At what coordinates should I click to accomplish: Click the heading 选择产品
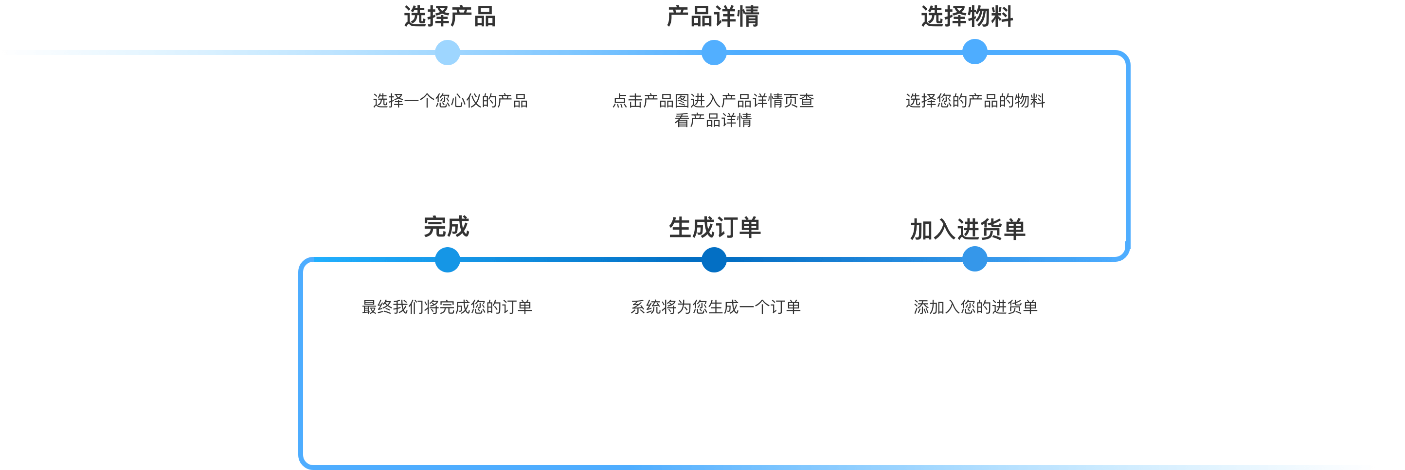pyautogui.click(x=450, y=17)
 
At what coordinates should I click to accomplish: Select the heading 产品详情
pyautogui.click(x=713, y=17)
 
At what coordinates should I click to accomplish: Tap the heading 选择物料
pyautogui.click(x=967, y=17)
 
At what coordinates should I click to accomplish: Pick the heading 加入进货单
pyautogui.click(x=968, y=230)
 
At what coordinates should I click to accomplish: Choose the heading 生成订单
pyautogui.click(x=715, y=227)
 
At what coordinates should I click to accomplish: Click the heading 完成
pyautogui.click(x=446, y=227)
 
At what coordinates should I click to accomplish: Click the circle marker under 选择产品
pyautogui.click(x=447, y=53)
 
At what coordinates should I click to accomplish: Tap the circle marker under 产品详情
pyautogui.click(x=713, y=53)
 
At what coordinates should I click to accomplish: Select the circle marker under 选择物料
pyautogui.click(x=974, y=52)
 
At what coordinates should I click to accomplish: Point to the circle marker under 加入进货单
pyautogui.click(x=974, y=259)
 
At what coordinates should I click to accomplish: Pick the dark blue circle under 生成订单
pyautogui.click(x=713, y=259)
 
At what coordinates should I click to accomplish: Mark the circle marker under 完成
pyautogui.click(x=447, y=259)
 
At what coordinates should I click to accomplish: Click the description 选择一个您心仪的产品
pyautogui.click(x=450, y=101)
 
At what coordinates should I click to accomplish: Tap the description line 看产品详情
pyautogui.click(x=713, y=121)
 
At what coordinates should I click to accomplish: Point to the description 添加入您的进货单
pyautogui.click(x=975, y=307)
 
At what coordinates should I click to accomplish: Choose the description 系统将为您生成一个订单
pyautogui.click(x=715, y=307)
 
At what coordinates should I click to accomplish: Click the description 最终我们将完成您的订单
pyautogui.click(x=447, y=307)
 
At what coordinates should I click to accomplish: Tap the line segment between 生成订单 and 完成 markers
pyautogui.click(x=580, y=259)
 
